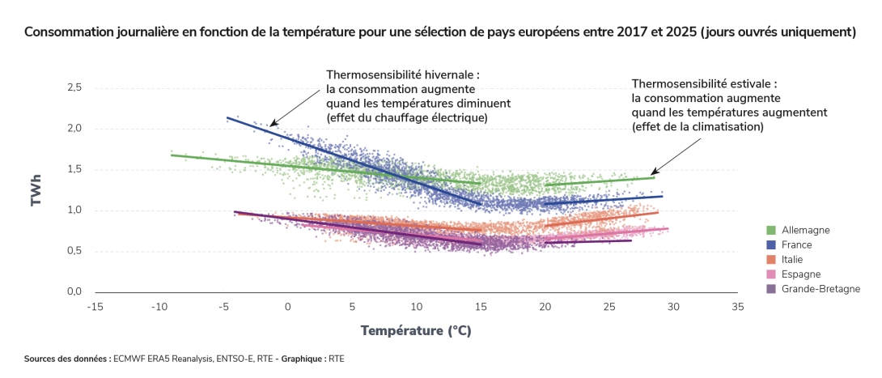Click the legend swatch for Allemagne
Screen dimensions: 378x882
coord(771,230)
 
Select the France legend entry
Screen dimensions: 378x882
coord(796,244)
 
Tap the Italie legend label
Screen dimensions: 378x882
coord(795,259)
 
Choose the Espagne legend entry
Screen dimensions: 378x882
coord(800,274)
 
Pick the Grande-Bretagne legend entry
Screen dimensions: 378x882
coord(821,288)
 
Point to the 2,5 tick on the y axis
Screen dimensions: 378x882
coord(73,87)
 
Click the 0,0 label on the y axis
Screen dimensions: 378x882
coord(73,291)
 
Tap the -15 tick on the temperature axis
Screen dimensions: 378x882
coord(95,307)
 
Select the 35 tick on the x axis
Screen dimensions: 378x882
coord(736,307)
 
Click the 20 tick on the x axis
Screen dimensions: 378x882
coord(545,307)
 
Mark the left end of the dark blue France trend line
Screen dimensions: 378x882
coord(227,117)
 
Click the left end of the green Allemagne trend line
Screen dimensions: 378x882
coord(172,155)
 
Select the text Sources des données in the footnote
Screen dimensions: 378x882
coord(66,358)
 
